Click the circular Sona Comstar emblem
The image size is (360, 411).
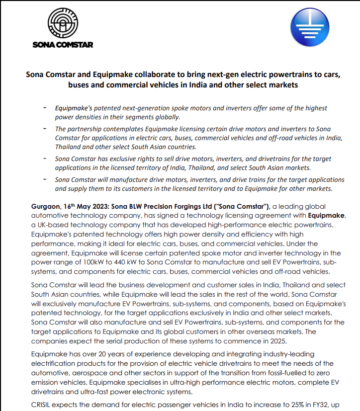click(63, 22)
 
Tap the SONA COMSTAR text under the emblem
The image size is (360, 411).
click(63, 44)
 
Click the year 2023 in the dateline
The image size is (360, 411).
click(102, 206)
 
